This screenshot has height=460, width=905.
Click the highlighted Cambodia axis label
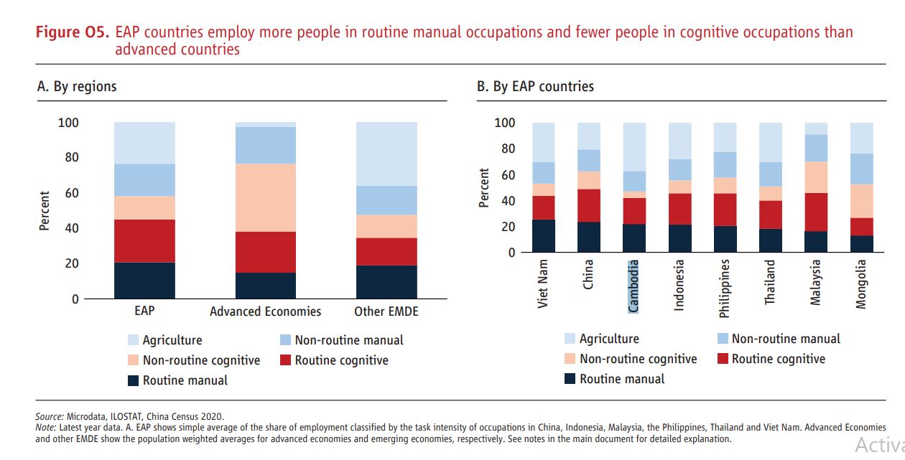(633, 286)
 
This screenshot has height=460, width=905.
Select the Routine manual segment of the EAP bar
(144, 281)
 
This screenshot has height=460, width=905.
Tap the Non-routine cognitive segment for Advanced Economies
(266, 197)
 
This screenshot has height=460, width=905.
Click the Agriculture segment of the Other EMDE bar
(386, 154)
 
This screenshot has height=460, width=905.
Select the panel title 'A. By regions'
(77, 86)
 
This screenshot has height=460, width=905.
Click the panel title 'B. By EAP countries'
(535, 86)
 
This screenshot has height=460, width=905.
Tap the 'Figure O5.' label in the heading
(73, 32)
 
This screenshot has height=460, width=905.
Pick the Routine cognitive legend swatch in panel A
(286, 360)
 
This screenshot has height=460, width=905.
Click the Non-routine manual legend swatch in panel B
(723, 339)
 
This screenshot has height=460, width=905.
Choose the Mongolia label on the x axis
(861, 284)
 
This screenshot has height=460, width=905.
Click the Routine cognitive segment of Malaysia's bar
(815, 212)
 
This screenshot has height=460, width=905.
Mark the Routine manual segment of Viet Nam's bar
(543, 235)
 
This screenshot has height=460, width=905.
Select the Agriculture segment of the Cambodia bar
(634, 147)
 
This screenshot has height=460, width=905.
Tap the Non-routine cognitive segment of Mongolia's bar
(861, 201)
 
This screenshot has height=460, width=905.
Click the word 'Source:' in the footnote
(50, 416)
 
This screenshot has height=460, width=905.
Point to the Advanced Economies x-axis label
(266, 311)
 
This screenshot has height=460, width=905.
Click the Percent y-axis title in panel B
(483, 188)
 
